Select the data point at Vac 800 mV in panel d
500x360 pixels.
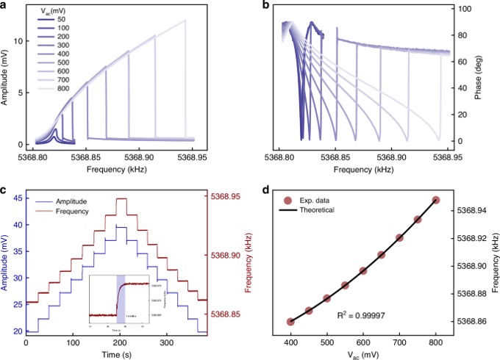click(x=436, y=200)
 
